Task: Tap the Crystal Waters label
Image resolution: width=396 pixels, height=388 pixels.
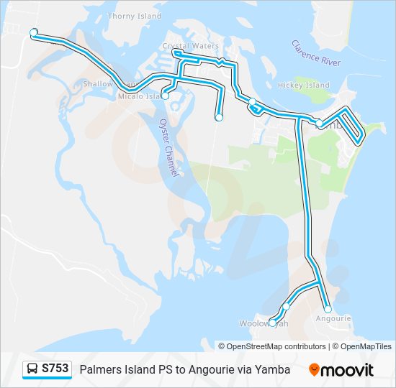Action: pyautogui.click(x=190, y=46)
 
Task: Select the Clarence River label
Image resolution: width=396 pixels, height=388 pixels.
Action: pyautogui.click(x=316, y=53)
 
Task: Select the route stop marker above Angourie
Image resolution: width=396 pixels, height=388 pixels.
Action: pyautogui.click(x=328, y=309)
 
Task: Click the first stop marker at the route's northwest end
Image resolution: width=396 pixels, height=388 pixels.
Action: pyautogui.click(x=33, y=32)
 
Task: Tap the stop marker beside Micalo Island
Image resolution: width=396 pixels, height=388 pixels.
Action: pyautogui.click(x=165, y=96)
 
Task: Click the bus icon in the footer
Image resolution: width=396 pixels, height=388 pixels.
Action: pyautogui.click(x=33, y=369)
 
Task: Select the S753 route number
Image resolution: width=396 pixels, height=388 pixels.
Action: pyautogui.click(x=55, y=369)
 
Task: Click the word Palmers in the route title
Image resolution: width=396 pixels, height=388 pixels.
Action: pyautogui.click(x=100, y=369)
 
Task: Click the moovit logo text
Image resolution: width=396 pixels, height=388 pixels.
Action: pyautogui.click(x=348, y=370)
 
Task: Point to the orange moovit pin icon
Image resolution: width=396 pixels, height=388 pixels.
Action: pyautogui.click(x=314, y=370)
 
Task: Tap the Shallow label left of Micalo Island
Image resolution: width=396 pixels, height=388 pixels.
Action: pyautogui.click(x=99, y=84)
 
